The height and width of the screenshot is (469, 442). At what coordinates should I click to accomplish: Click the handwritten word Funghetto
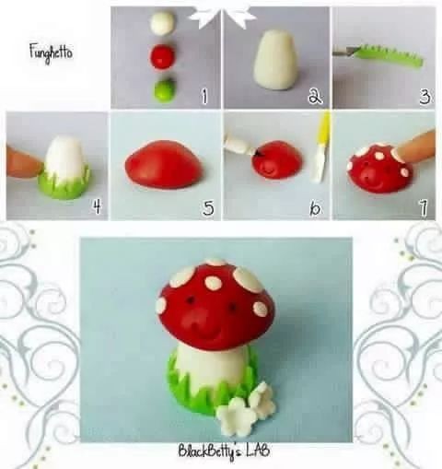pos(52,53)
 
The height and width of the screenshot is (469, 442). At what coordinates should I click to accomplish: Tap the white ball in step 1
pos(163,22)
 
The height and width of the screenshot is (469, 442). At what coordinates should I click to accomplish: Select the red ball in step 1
pos(162,56)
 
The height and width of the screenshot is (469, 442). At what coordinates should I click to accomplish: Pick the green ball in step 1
pos(164,90)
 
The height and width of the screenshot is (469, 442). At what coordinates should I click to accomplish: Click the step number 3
pos(425,96)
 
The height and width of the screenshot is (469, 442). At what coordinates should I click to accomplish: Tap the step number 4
pos(97,206)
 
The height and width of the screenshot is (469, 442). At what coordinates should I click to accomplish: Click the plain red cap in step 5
pos(163,164)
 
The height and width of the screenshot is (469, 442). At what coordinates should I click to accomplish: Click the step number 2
pos(315,96)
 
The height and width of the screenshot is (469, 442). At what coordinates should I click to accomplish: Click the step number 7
pos(424,208)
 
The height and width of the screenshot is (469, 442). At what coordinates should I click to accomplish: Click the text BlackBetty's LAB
pos(225,451)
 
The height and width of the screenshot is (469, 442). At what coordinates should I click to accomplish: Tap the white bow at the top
pos(221,16)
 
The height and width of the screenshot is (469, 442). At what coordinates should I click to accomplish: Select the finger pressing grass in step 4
pos(24,163)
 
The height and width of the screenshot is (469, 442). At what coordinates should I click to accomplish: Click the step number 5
pos(208,208)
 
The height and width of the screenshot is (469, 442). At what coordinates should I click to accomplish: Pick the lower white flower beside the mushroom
pos(236,416)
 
